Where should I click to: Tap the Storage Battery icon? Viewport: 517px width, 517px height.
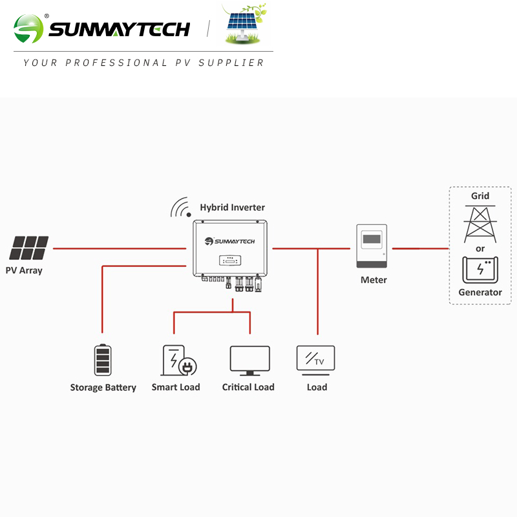click(x=103, y=360)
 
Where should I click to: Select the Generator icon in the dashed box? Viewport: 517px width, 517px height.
click(x=480, y=269)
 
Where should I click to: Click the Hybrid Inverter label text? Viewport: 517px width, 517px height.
click(x=232, y=207)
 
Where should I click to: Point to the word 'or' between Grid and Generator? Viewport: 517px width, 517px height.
click(x=480, y=248)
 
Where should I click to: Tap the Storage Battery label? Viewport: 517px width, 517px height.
click(x=103, y=388)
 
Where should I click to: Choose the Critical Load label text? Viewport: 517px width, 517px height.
click(x=248, y=387)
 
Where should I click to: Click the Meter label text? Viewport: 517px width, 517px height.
click(x=374, y=280)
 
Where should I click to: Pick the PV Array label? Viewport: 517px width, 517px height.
click(x=24, y=270)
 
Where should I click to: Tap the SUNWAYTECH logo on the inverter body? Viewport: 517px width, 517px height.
click(x=230, y=242)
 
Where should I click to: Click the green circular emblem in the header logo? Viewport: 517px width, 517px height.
click(x=28, y=29)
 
